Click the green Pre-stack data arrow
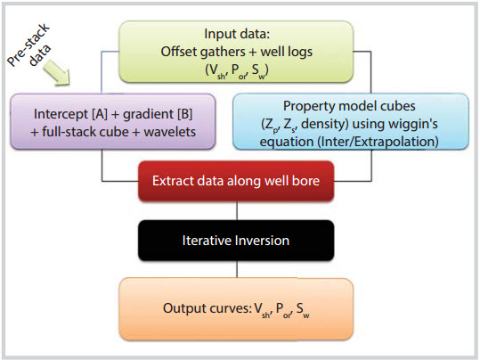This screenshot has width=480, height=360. coord(57,72)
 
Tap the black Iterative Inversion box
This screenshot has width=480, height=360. coord(236,241)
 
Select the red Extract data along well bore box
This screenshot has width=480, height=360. coord(236,181)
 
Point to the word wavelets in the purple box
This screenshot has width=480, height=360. coord(169,132)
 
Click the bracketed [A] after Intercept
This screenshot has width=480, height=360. coord(100,114)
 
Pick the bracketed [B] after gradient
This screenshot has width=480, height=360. coord(184,114)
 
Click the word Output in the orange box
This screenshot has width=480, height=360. coord(183,308)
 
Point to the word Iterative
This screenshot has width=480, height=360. coord(206,241)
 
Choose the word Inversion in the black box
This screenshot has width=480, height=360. coord(261,241)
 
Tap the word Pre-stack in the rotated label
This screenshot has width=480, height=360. coord(28,45)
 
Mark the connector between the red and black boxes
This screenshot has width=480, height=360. coord(237,210)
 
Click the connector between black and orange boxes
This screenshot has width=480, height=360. coord(237,269)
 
